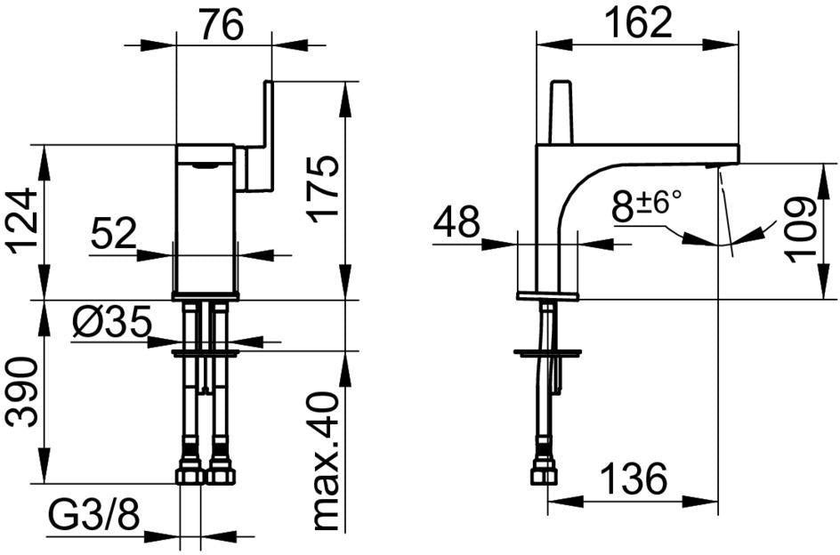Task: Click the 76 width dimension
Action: point(222,25)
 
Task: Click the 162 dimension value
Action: point(637,22)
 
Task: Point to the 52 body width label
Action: point(114,234)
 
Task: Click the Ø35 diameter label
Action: point(112,323)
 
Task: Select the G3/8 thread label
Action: point(94,515)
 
